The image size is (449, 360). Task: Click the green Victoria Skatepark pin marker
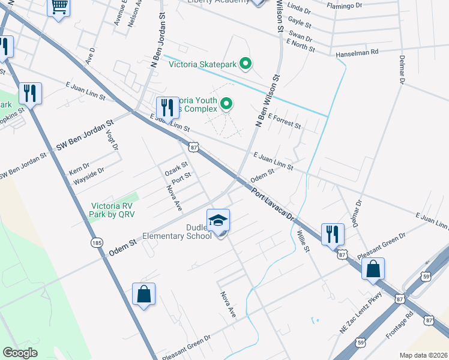point(245,63)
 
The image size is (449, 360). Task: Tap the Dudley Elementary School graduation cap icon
point(218,220)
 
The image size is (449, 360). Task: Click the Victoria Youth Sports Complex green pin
point(226,104)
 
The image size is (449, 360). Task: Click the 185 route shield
point(97,242)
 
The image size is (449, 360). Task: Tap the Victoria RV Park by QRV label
point(113,209)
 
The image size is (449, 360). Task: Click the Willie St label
point(303,239)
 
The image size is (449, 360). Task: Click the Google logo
point(20,353)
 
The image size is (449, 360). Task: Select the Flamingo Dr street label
point(345,5)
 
